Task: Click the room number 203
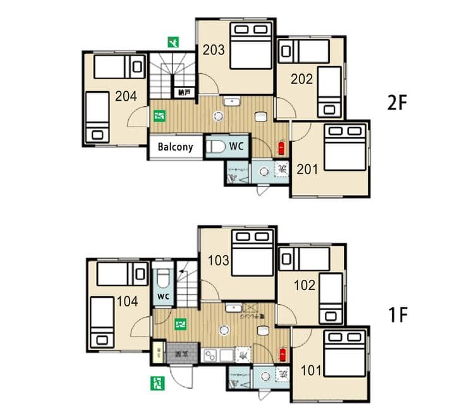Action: (x=214, y=50)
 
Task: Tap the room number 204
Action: (x=126, y=96)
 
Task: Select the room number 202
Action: (x=302, y=79)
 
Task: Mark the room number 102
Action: (x=305, y=285)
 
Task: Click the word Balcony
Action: (x=175, y=147)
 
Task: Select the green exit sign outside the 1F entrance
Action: (x=156, y=382)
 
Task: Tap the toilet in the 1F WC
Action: (x=162, y=279)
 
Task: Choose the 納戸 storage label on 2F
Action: (x=185, y=92)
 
